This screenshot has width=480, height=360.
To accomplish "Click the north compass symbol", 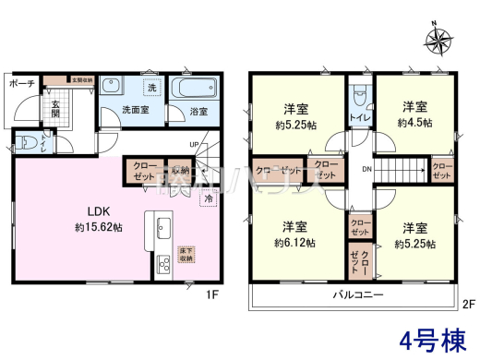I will pyautogui.click(x=438, y=39).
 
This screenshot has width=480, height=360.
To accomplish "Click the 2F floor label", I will pyautogui.click(x=467, y=302).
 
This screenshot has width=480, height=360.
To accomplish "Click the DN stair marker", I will pyautogui.click(x=366, y=170).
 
